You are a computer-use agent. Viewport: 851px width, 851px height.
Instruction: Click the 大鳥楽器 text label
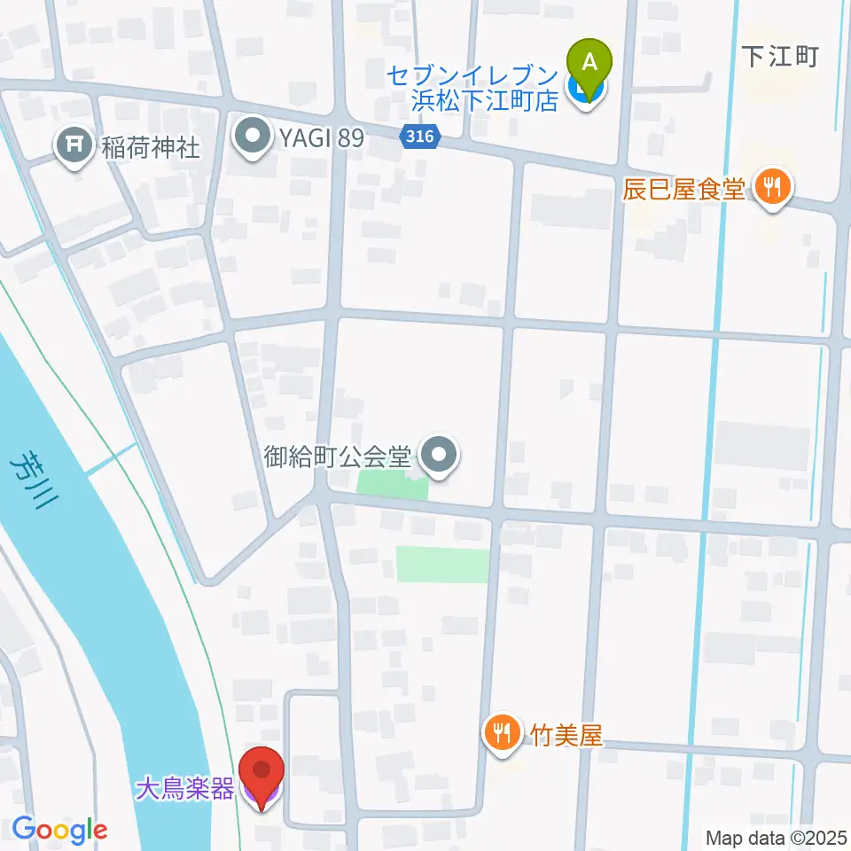point(184,787)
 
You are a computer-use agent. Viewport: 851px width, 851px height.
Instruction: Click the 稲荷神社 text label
point(151,147)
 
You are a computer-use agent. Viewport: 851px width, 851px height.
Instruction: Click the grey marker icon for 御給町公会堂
point(438,456)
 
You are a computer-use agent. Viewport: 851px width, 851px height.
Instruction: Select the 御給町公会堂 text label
point(339,457)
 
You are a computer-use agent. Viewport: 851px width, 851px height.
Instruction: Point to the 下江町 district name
point(780,57)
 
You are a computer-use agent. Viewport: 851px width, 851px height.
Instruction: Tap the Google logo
point(59,831)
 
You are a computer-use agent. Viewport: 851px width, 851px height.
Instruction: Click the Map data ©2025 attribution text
point(776,837)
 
